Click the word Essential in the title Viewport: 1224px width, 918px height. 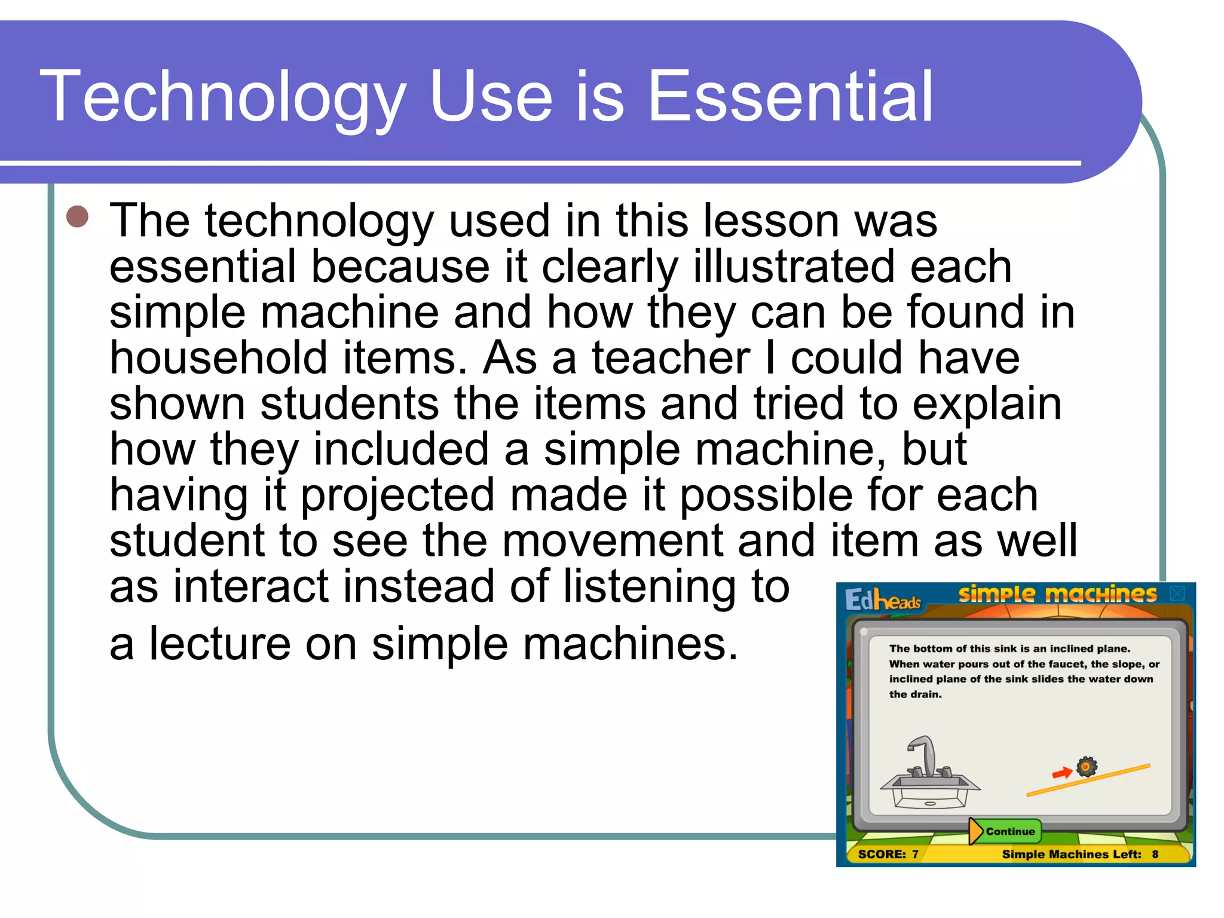pos(790,97)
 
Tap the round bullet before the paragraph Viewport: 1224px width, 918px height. pos(78,217)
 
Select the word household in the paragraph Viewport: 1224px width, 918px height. pos(218,358)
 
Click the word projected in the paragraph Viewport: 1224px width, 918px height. pos(397,496)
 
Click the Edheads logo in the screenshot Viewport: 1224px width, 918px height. pos(883,599)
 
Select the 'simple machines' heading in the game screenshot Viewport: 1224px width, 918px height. pos(1057,594)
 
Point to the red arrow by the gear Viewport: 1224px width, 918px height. pos(1061,773)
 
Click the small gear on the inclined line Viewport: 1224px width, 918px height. pos(1087,767)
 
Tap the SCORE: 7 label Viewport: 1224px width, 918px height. pos(888,855)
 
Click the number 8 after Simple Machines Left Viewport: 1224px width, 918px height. pos(1155,855)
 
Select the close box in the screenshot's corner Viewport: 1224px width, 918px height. pos(1177,593)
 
